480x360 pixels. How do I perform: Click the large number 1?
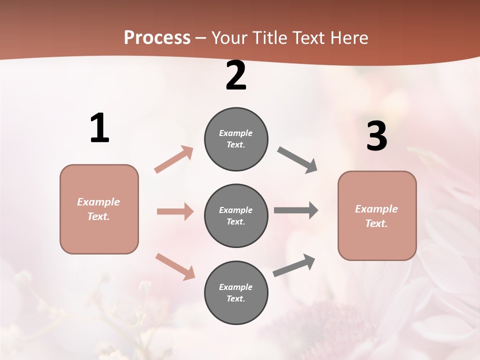coord(99,128)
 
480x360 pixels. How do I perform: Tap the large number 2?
coord(236,76)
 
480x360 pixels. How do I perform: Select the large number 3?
coord(376,136)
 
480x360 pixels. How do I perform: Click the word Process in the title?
coord(157,37)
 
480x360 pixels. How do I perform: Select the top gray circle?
coord(236,139)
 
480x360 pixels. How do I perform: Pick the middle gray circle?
coord(236,216)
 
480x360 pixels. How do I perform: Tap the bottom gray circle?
coord(236,293)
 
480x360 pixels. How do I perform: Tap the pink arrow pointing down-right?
coord(175,266)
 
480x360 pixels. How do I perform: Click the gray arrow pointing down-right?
coord(297,160)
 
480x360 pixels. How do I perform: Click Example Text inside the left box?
coord(98,209)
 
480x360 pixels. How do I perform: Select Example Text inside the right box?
coord(376,216)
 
